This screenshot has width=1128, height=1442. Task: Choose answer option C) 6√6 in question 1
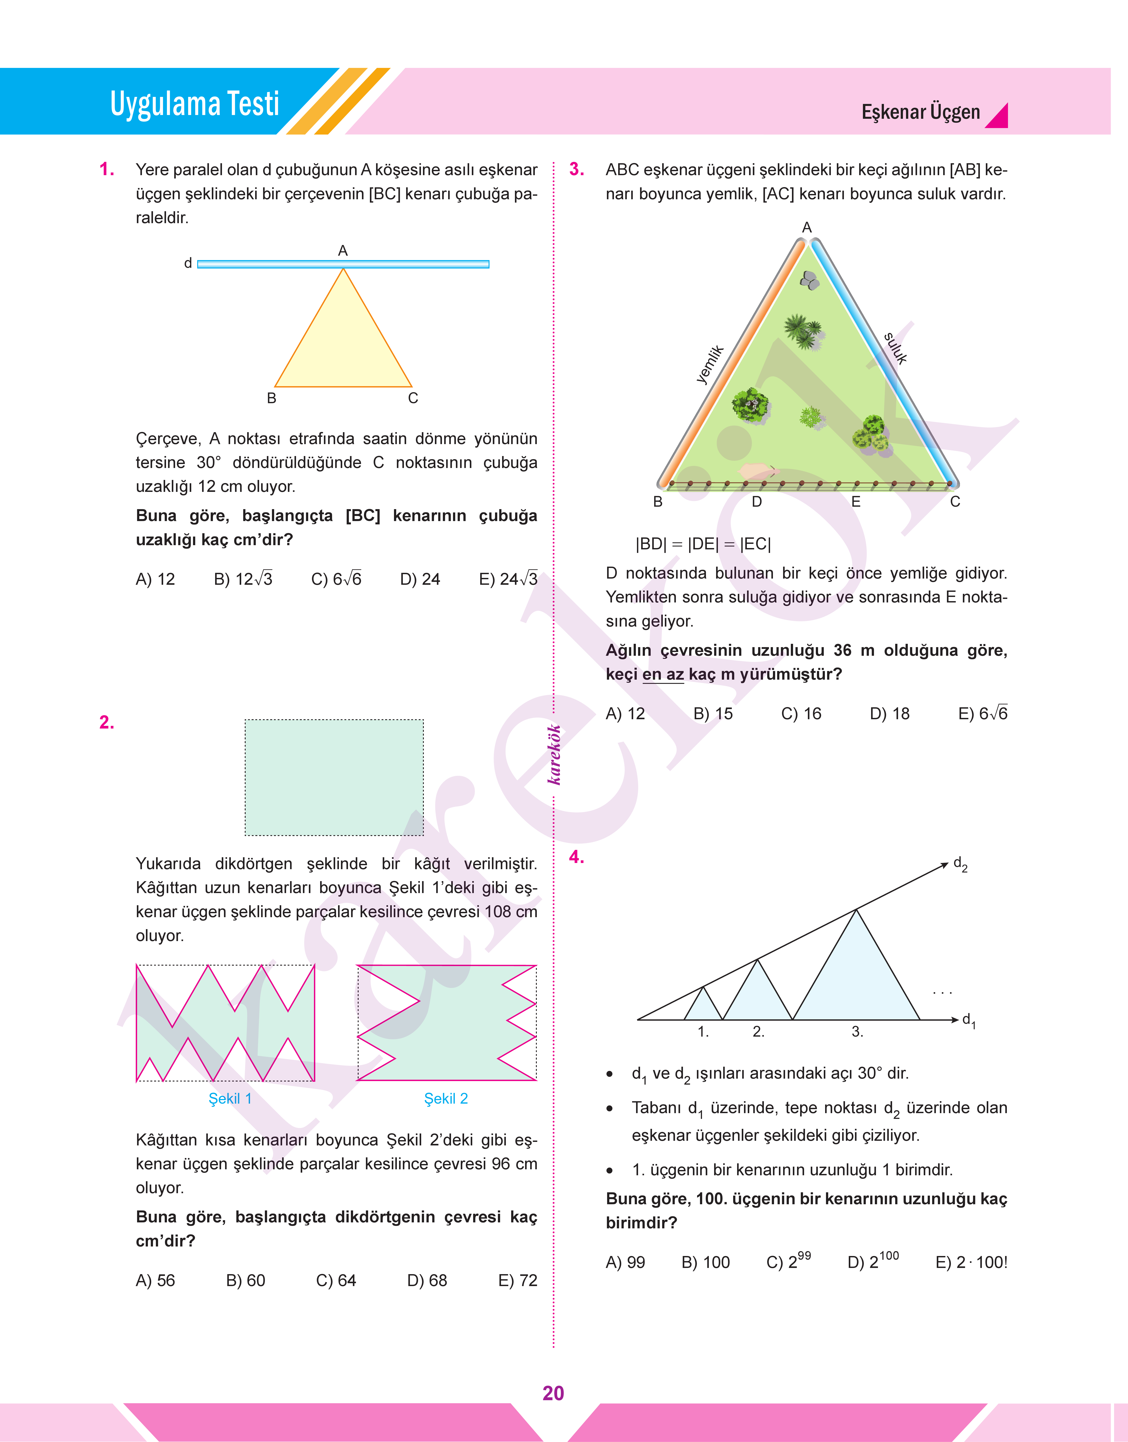coord(336,579)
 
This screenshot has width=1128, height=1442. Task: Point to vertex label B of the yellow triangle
coord(271,398)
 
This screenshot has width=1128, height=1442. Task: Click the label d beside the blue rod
coord(188,264)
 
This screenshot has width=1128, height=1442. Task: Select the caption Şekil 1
coord(230,1099)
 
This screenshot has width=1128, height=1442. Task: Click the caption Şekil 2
coord(446,1099)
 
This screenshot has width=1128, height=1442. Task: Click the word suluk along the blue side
coord(896,348)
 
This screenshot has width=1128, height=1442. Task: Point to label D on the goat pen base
coord(757,502)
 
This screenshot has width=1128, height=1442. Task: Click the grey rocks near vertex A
coord(810,280)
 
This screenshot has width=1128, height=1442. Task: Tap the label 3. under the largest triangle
coord(857,1032)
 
